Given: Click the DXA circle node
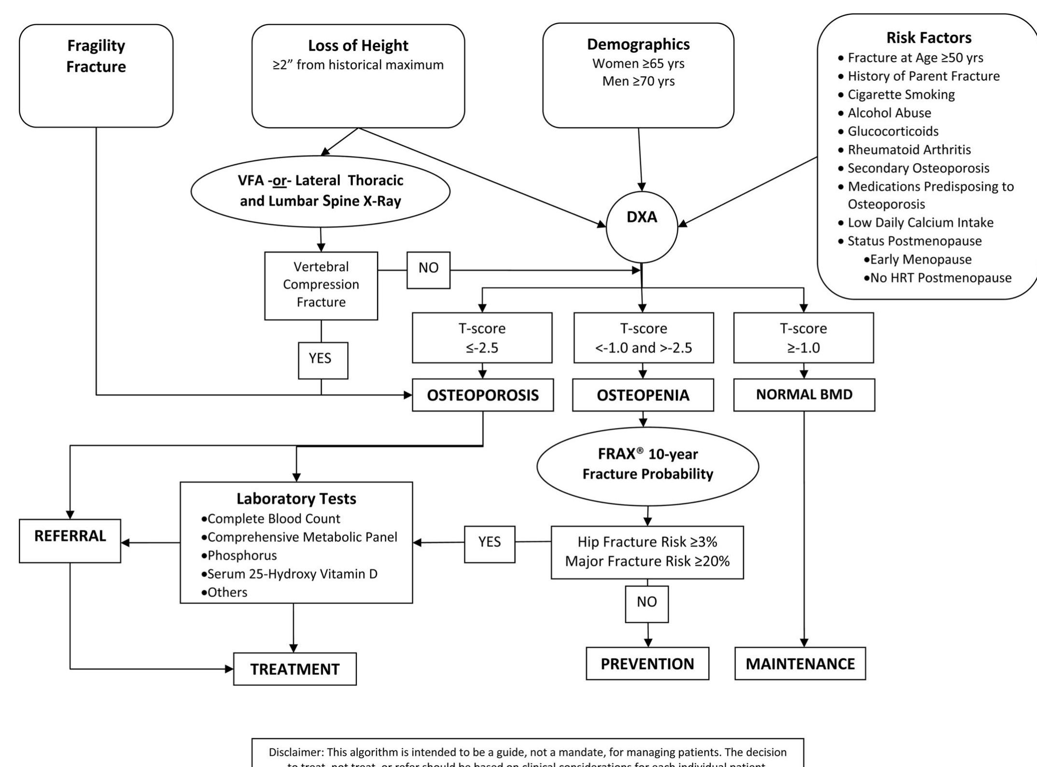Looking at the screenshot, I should click(642, 227).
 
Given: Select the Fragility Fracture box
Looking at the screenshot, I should click(96, 76).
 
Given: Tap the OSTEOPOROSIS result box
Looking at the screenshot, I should click(483, 395).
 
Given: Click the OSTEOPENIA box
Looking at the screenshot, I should click(643, 395).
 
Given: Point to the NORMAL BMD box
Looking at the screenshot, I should click(804, 395).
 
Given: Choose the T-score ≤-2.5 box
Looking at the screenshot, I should click(482, 338).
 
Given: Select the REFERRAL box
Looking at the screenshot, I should click(70, 540).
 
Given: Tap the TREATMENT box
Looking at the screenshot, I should click(294, 669).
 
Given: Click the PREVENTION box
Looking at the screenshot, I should click(647, 664).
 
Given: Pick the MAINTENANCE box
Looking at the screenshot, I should click(800, 664).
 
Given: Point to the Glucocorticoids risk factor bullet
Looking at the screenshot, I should click(893, 131).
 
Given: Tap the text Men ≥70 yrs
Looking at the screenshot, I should click(638, 81).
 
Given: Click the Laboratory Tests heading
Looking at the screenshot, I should click(296, 498).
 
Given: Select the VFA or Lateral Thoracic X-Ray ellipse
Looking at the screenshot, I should click(321, 191).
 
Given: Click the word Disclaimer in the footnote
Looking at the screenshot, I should click(296, 753).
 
